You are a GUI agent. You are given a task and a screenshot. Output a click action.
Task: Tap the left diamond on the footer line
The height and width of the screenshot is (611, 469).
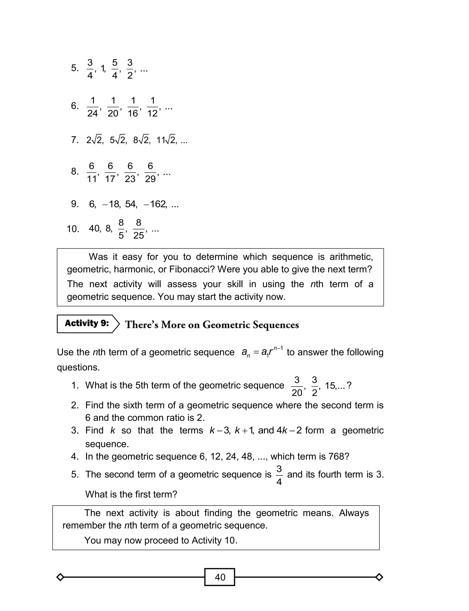[60, 577]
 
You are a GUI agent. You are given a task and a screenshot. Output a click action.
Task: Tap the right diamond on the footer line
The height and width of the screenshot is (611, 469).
[379, 577]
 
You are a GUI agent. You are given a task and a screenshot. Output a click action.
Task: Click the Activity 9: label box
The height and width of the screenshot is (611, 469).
[87, 323]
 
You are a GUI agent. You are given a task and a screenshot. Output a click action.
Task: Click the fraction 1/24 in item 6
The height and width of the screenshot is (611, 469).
[93, 107]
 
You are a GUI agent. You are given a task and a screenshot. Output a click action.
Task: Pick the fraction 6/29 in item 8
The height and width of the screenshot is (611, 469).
[150, 172]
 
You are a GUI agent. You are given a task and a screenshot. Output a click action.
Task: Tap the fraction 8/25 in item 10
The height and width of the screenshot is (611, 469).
[139, 229]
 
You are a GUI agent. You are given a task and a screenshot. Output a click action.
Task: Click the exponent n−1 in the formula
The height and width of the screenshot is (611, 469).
[278, 348]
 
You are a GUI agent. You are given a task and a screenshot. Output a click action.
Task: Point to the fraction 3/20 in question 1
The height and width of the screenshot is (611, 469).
[297, 386]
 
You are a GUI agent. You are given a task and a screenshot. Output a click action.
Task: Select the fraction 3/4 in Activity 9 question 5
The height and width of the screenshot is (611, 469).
[279, 475]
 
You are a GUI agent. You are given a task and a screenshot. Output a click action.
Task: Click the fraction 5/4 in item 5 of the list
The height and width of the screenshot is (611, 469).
[115, 69]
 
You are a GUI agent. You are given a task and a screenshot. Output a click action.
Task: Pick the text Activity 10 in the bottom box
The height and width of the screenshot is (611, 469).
[214, 540]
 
